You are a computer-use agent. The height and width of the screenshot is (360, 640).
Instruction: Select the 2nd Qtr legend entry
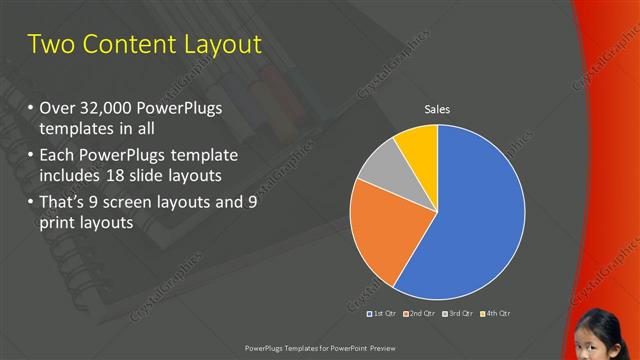click(418, 313)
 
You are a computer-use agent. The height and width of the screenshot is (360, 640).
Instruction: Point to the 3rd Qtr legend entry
click(457, 313)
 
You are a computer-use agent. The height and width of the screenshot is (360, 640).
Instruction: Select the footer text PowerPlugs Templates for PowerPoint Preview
click(319, 347)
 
